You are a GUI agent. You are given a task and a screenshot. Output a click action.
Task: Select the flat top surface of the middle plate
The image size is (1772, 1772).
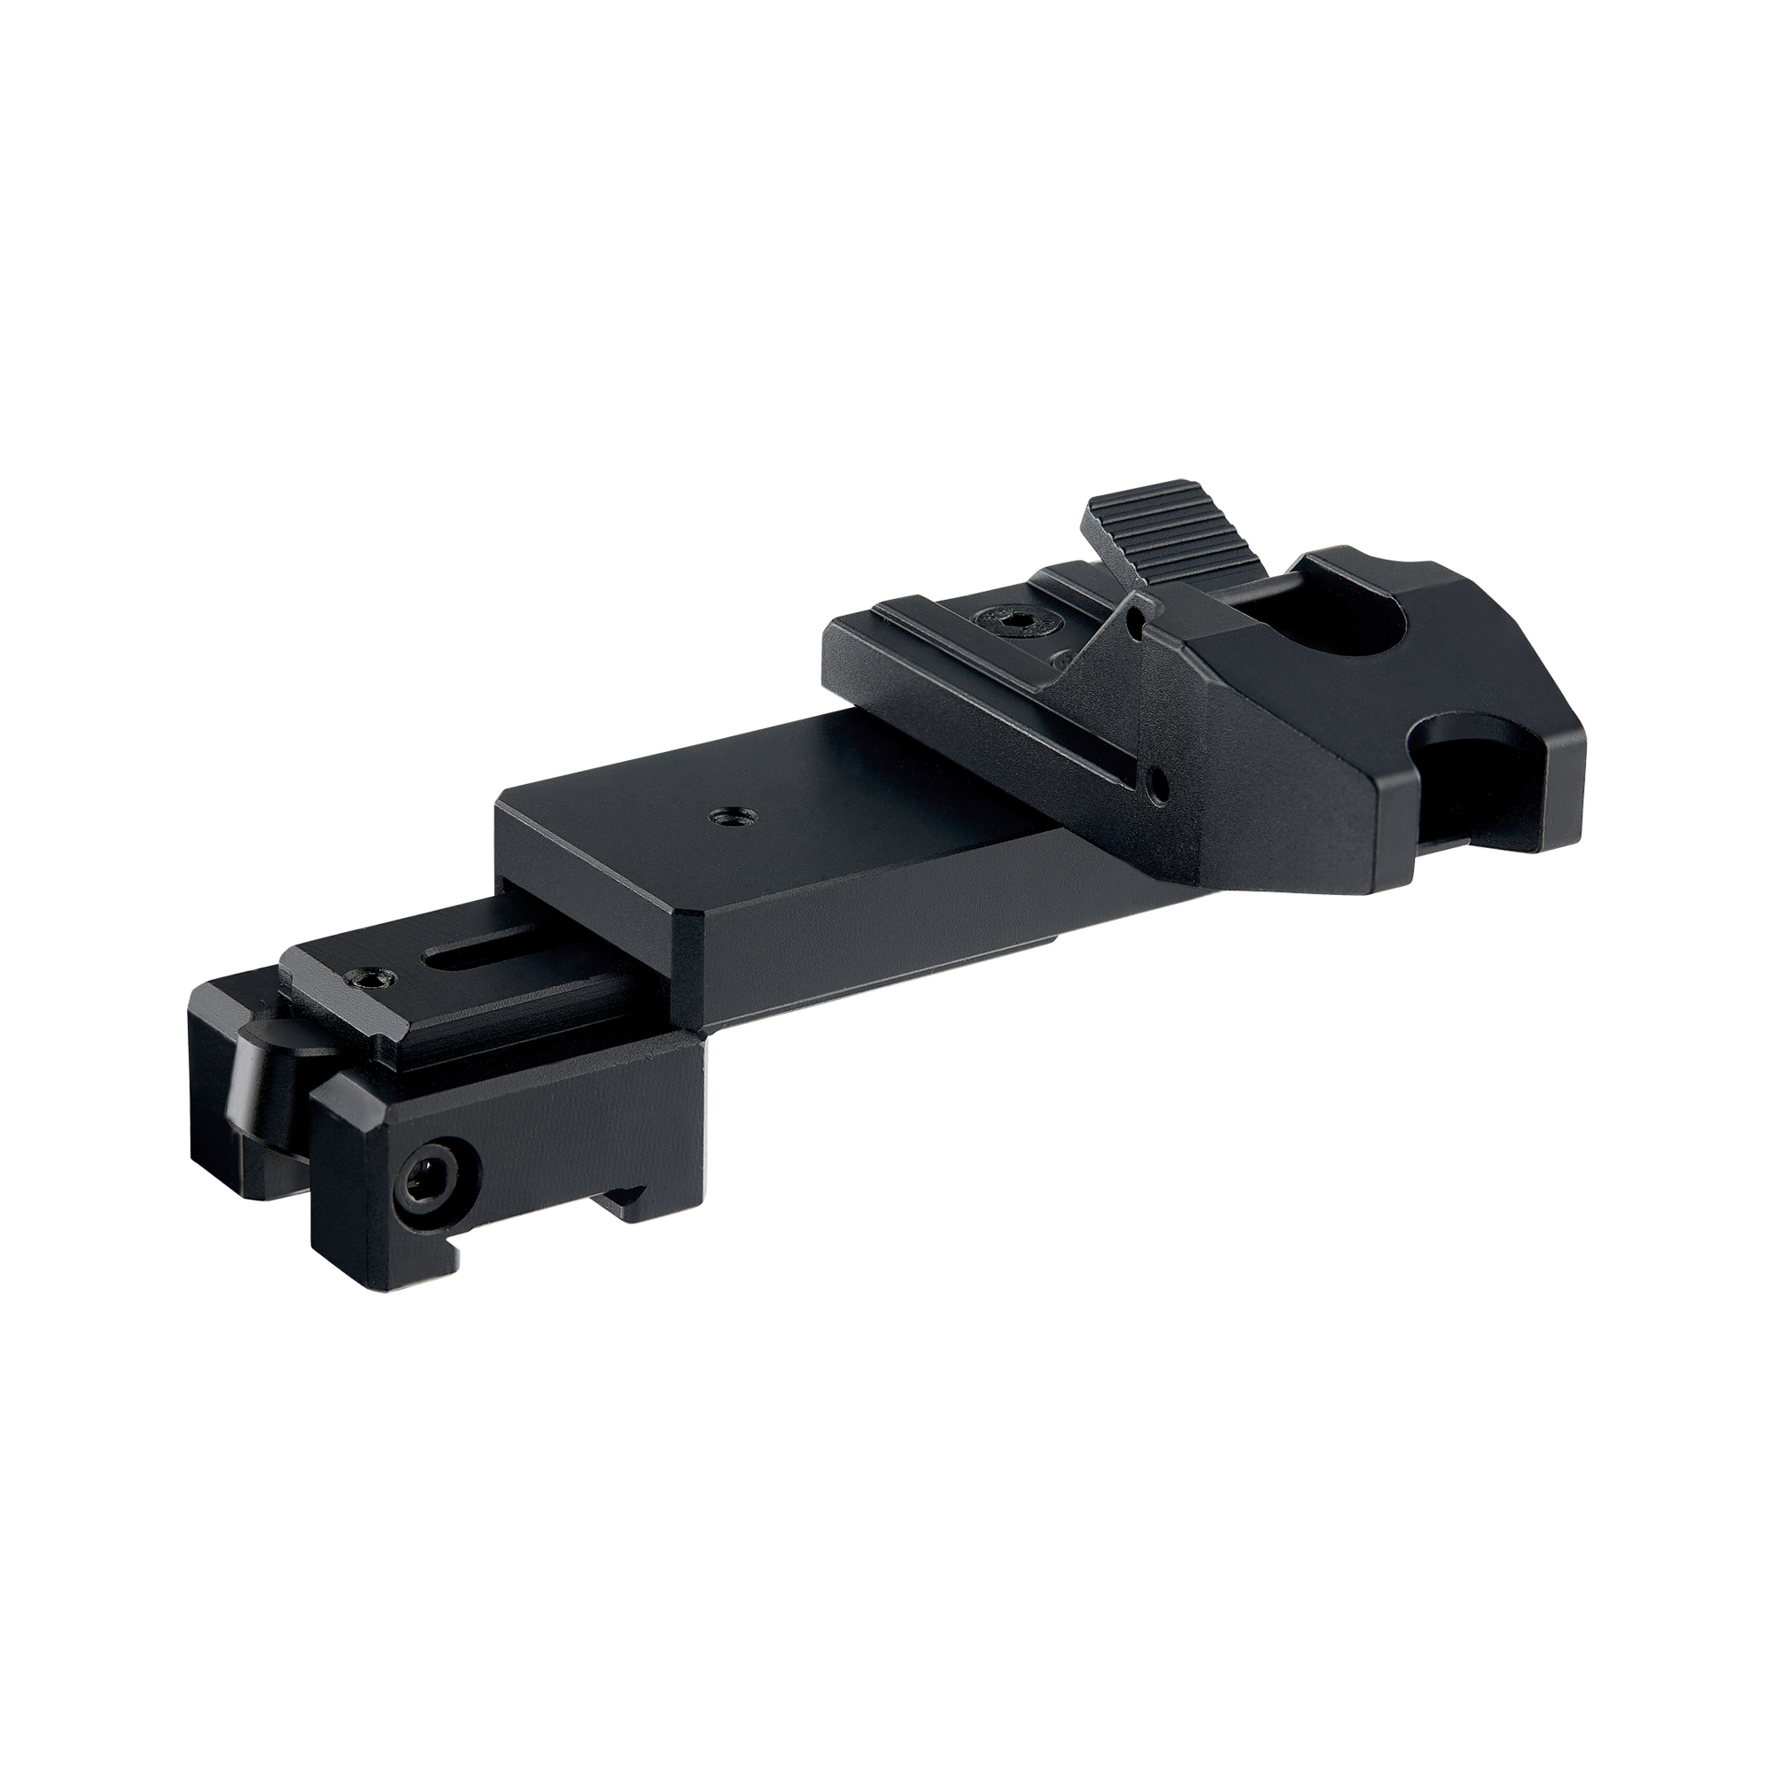(x=826, y=807)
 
